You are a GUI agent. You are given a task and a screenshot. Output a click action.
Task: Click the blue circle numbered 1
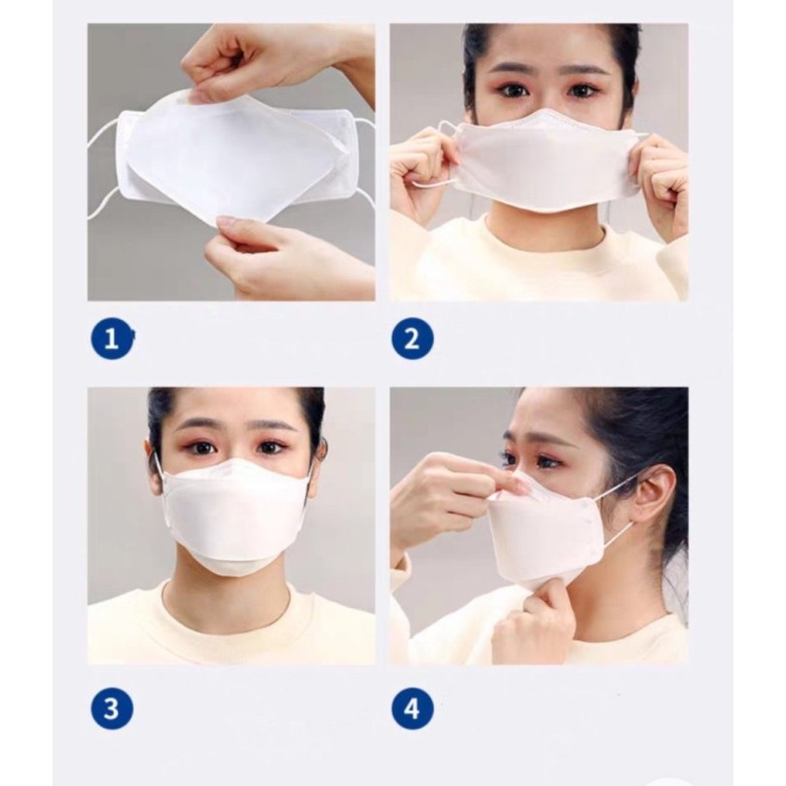tap(112, 340)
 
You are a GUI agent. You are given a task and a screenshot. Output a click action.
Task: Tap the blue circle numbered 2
tap(412, 340)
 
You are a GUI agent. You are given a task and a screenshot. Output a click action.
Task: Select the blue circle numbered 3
tap(112, 709)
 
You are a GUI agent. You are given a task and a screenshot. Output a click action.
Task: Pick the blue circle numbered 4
tap(412, 709)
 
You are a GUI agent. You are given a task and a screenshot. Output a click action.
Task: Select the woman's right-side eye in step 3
tap(269, 446)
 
